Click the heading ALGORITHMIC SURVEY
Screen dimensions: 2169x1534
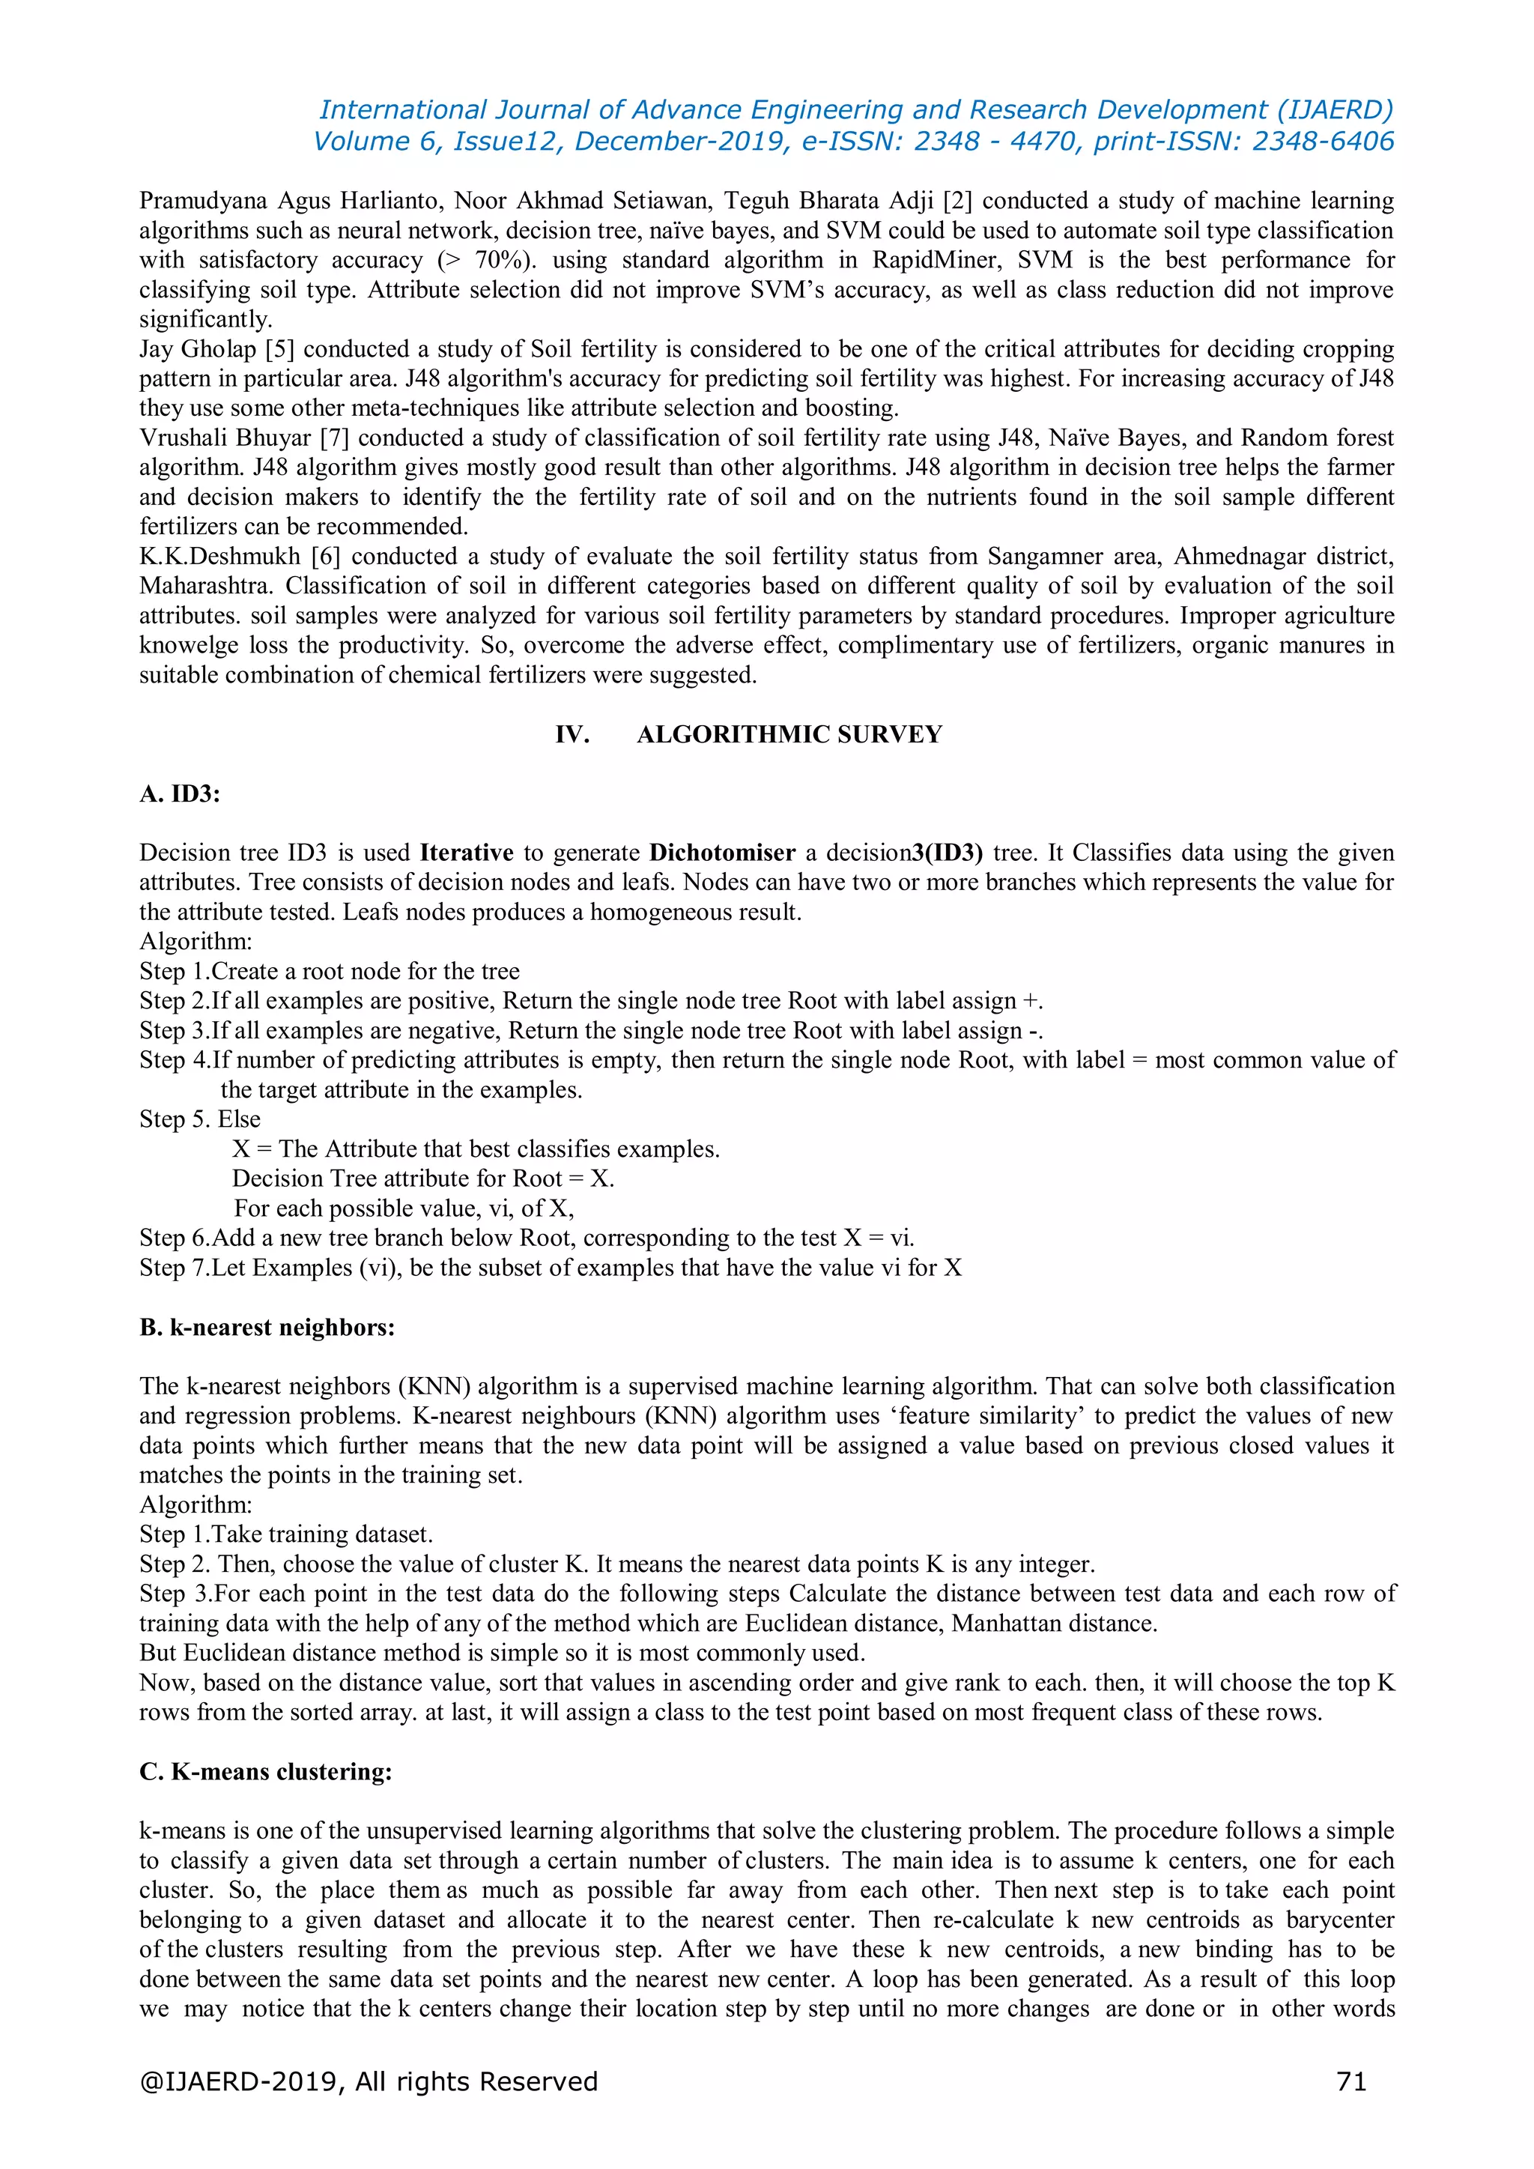pyautogui.click(x=789, y=734)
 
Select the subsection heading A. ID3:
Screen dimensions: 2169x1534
pyautogui.click(x=180, y=793)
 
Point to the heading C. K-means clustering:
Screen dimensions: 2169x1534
pyautogui.click(x=265, y=1771)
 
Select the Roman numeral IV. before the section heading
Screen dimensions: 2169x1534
pyautogui.click(x=572, y=734)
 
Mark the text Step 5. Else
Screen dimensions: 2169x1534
pyautogui.click(x=200, y=1119)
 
